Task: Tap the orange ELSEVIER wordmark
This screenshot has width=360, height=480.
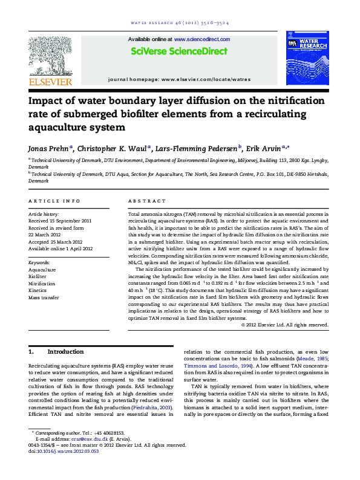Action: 50,82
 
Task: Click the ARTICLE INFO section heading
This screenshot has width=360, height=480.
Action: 54,201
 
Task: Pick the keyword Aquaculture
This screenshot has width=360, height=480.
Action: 42,270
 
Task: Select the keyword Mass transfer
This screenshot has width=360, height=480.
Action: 44,297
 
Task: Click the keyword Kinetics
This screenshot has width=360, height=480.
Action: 38,291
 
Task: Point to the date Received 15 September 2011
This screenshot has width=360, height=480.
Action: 60,221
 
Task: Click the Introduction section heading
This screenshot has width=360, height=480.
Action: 65,352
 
